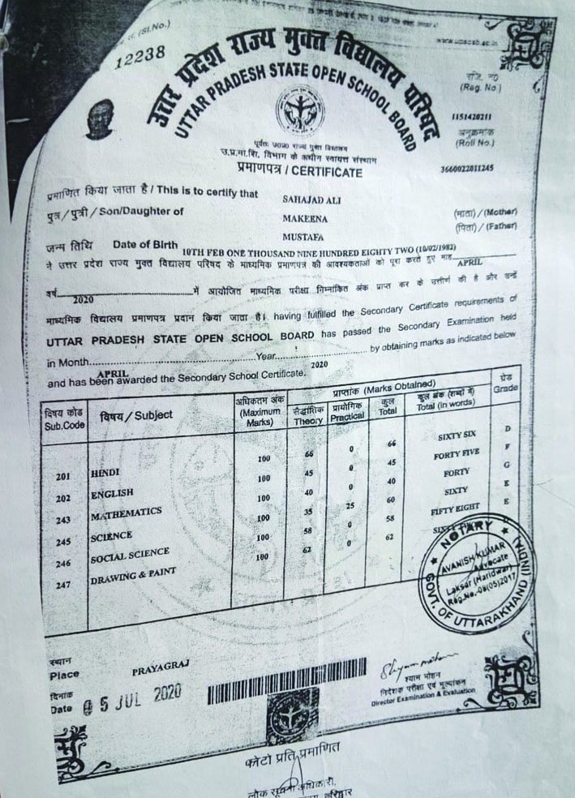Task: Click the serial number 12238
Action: [x=139, y=55]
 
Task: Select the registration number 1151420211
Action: [x=472, y=118]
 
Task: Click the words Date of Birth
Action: [x=145, y=244]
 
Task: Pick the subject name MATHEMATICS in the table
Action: [x=126, y=514]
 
